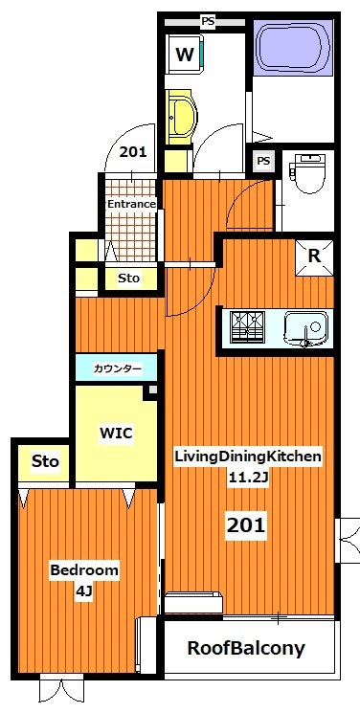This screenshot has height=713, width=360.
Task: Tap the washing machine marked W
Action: click(185, 55)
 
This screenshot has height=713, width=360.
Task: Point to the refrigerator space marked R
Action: click(314, 256)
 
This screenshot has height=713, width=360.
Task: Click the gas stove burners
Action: click(248, 326)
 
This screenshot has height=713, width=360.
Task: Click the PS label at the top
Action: click(209, 21)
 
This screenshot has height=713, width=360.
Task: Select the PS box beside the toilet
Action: click(263, 161)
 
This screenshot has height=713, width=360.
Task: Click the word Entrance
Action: click(131, 204)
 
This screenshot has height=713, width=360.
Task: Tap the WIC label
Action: click(116, 434)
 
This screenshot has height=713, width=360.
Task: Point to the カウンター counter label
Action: click(117, 368)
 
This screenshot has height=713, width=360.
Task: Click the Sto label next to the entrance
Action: click(129, 278)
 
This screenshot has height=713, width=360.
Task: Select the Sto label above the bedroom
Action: click(45, 462)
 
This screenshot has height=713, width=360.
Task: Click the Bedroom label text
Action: click(84, 570)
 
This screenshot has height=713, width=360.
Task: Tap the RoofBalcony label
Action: click(246, 649)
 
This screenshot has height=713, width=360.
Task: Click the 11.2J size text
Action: click(249, 478)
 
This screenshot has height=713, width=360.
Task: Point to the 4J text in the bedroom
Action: click(84, 592)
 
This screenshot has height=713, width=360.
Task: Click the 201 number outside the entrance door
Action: click(133, 152)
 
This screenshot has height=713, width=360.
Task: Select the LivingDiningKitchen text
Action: click(249, 457)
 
